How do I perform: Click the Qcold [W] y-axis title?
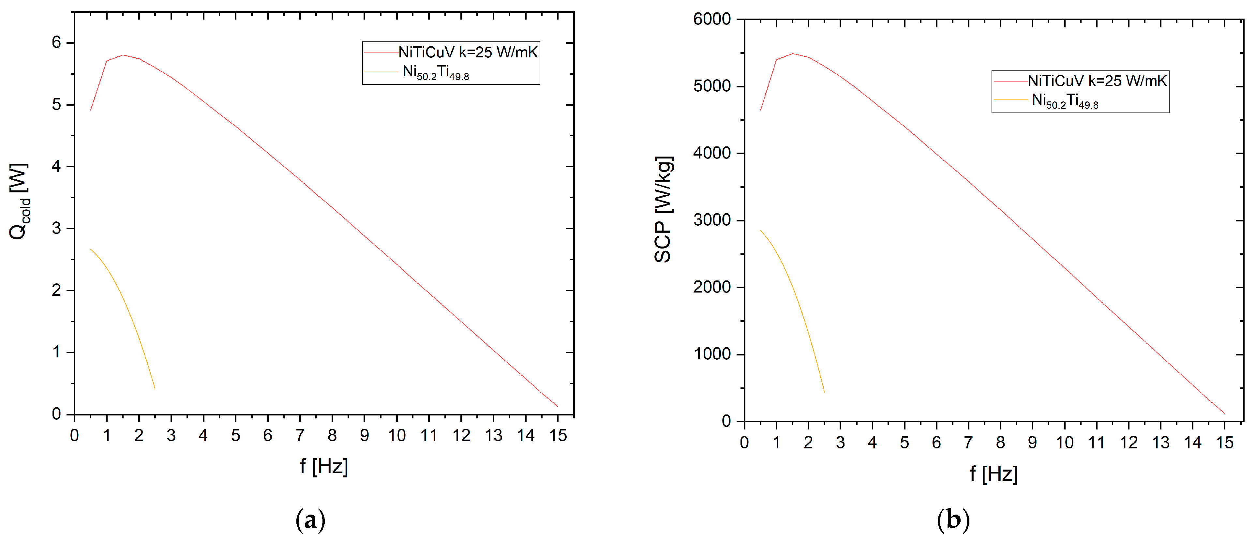point(20,201)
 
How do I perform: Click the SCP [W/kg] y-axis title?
point(663,209)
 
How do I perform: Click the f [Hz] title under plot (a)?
point(324,466)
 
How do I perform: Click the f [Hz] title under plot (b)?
point(993,474)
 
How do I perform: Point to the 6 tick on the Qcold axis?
point(56,42)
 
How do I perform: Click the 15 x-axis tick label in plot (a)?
point(558,435)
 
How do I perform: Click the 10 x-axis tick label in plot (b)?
point(1064,443)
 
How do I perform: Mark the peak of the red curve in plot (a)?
point(123,55)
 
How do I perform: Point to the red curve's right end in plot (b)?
point(1224,413)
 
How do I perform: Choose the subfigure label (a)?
point(311,520)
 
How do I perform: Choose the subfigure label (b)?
point(953,520)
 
